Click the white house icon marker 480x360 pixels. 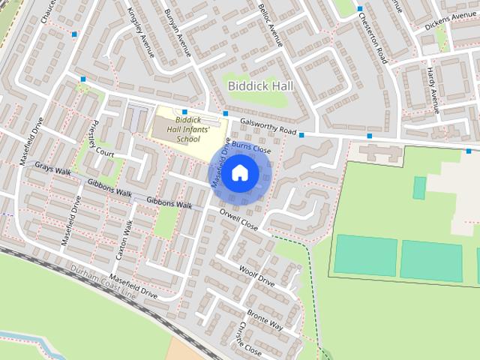[238, 173]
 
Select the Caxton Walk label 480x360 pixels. [124, 240]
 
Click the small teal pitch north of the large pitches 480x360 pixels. [419, 187]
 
